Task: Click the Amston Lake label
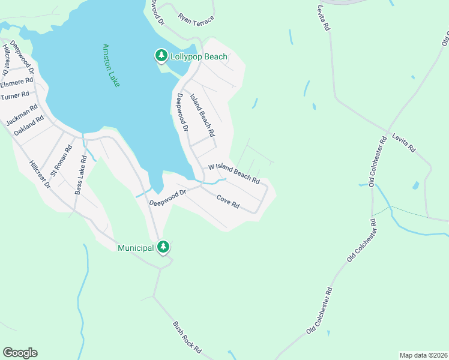point(111,65)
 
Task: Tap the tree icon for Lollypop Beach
point(161,56)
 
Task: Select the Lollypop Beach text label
point(199,57)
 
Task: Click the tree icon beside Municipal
point(163,247)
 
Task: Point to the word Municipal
point(136,247)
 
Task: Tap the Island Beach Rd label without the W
point(202,115)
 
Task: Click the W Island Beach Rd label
point(234,174)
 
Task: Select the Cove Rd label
point(228,202)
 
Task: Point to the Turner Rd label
point(15,95)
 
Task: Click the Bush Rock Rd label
point(187,338)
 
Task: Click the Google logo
point(20,353)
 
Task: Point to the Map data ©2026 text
point(423,355)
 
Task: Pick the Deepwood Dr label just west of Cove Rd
point(169,197)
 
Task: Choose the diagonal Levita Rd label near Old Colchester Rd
point(403,143)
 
